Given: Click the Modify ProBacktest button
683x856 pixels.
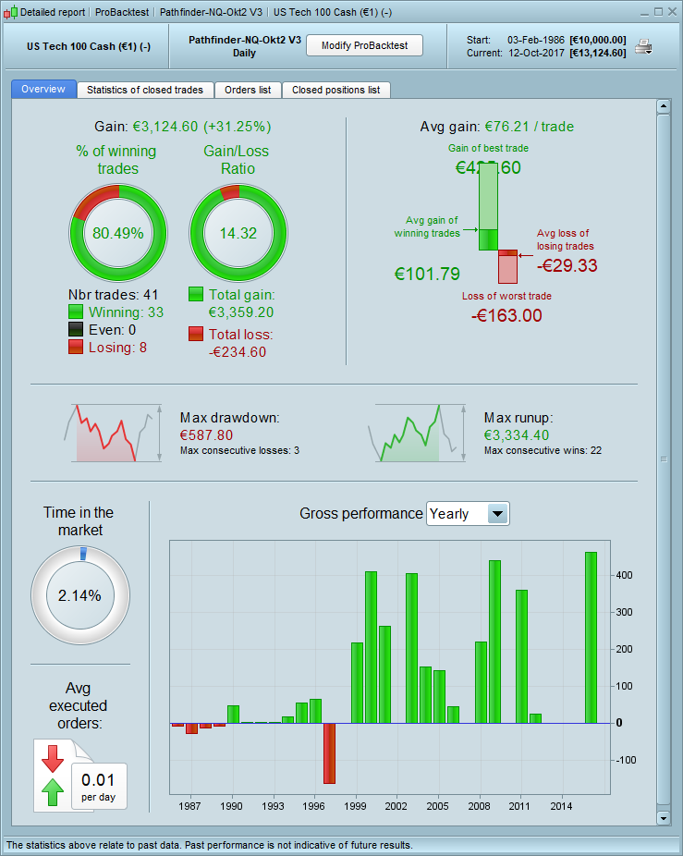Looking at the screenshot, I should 364,46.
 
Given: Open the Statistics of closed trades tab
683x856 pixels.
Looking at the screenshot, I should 145,90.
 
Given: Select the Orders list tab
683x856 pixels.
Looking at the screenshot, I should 248,90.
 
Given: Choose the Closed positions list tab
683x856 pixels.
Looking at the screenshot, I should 335,90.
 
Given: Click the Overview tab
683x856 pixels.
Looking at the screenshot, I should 43,90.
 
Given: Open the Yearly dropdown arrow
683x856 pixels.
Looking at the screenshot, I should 498,514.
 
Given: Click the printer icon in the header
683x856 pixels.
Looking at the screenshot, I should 644,46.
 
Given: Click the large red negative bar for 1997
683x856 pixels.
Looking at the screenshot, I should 329,752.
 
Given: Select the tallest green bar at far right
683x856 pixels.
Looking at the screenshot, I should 591,637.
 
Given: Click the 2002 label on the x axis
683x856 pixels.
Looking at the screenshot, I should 396,806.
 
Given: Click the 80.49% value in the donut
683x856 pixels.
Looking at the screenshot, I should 119,233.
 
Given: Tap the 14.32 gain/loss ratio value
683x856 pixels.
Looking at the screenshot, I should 238,233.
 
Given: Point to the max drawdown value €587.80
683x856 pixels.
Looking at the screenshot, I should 206,434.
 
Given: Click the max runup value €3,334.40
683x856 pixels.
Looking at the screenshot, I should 518,434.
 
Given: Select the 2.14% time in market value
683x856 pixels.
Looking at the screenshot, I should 79,595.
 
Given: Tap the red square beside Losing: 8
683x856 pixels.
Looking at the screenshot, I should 76,347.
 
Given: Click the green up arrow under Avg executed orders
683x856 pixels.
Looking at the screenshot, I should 53,791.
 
